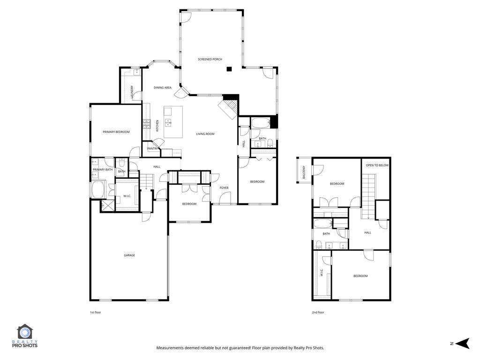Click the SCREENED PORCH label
(210, 60)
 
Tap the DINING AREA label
(163, 88)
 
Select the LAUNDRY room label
(133, 91)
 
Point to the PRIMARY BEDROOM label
(116, 132)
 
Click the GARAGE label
(129, 255)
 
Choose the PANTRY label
(153, 149)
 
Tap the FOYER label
(224, 188)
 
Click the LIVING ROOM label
(205, 134)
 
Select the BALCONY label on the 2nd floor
(304, 172)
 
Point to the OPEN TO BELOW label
(377, 165)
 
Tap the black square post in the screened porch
(229, 69)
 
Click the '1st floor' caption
(95, 312)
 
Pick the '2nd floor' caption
(318, 312)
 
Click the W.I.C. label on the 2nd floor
(322, 273)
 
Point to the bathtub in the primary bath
(99, 190)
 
